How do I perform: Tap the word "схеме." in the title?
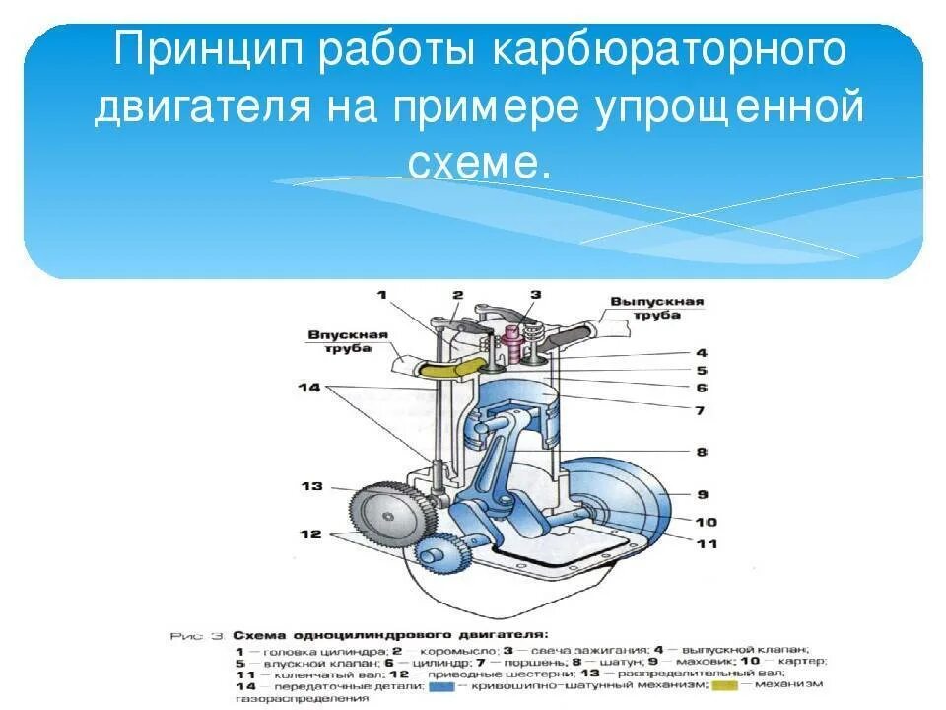(x=478, y=163)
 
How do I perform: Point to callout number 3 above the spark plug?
(x=535, y=294)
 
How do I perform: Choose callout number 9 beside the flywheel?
(x=703, y=494)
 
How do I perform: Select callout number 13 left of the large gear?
(x=311, y=486)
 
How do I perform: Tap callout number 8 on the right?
(x=701, y=452)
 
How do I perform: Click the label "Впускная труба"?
(x=339, y=342)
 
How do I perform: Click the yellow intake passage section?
(x=447, y=367)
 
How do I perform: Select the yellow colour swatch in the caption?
(x=723, y=684)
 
